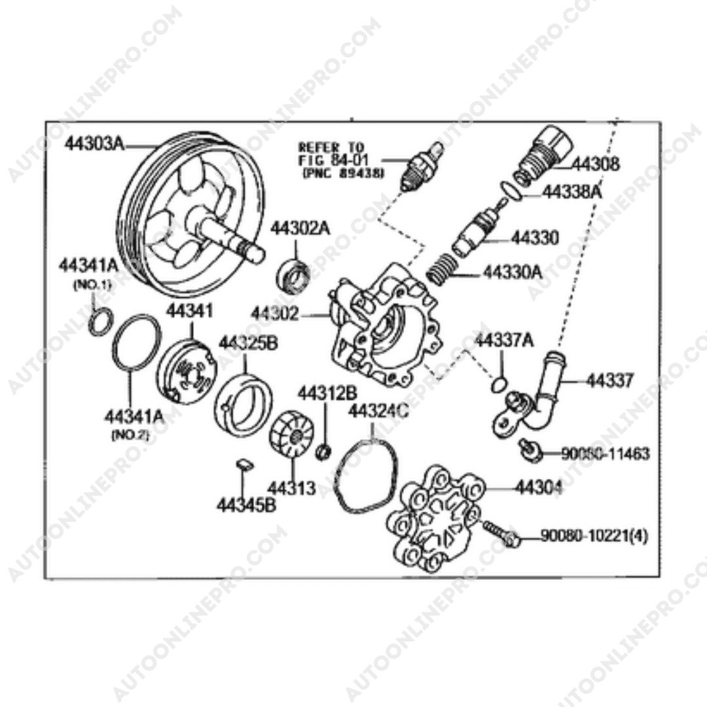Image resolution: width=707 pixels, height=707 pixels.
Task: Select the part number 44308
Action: click(x=596, y=164)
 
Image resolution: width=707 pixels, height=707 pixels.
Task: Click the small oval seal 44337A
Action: click(x=500, y=382)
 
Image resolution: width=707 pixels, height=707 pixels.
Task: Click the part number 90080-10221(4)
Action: click(x=594, y=537)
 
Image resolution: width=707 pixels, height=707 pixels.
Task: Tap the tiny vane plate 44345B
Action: click(x=244, y=464)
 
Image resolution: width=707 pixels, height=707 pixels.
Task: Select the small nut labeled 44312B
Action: click(x=323, y=452)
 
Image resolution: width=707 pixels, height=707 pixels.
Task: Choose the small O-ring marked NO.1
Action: click(x=98, y=323)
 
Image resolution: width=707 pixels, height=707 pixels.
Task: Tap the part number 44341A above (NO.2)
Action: click(x=134, y=416)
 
